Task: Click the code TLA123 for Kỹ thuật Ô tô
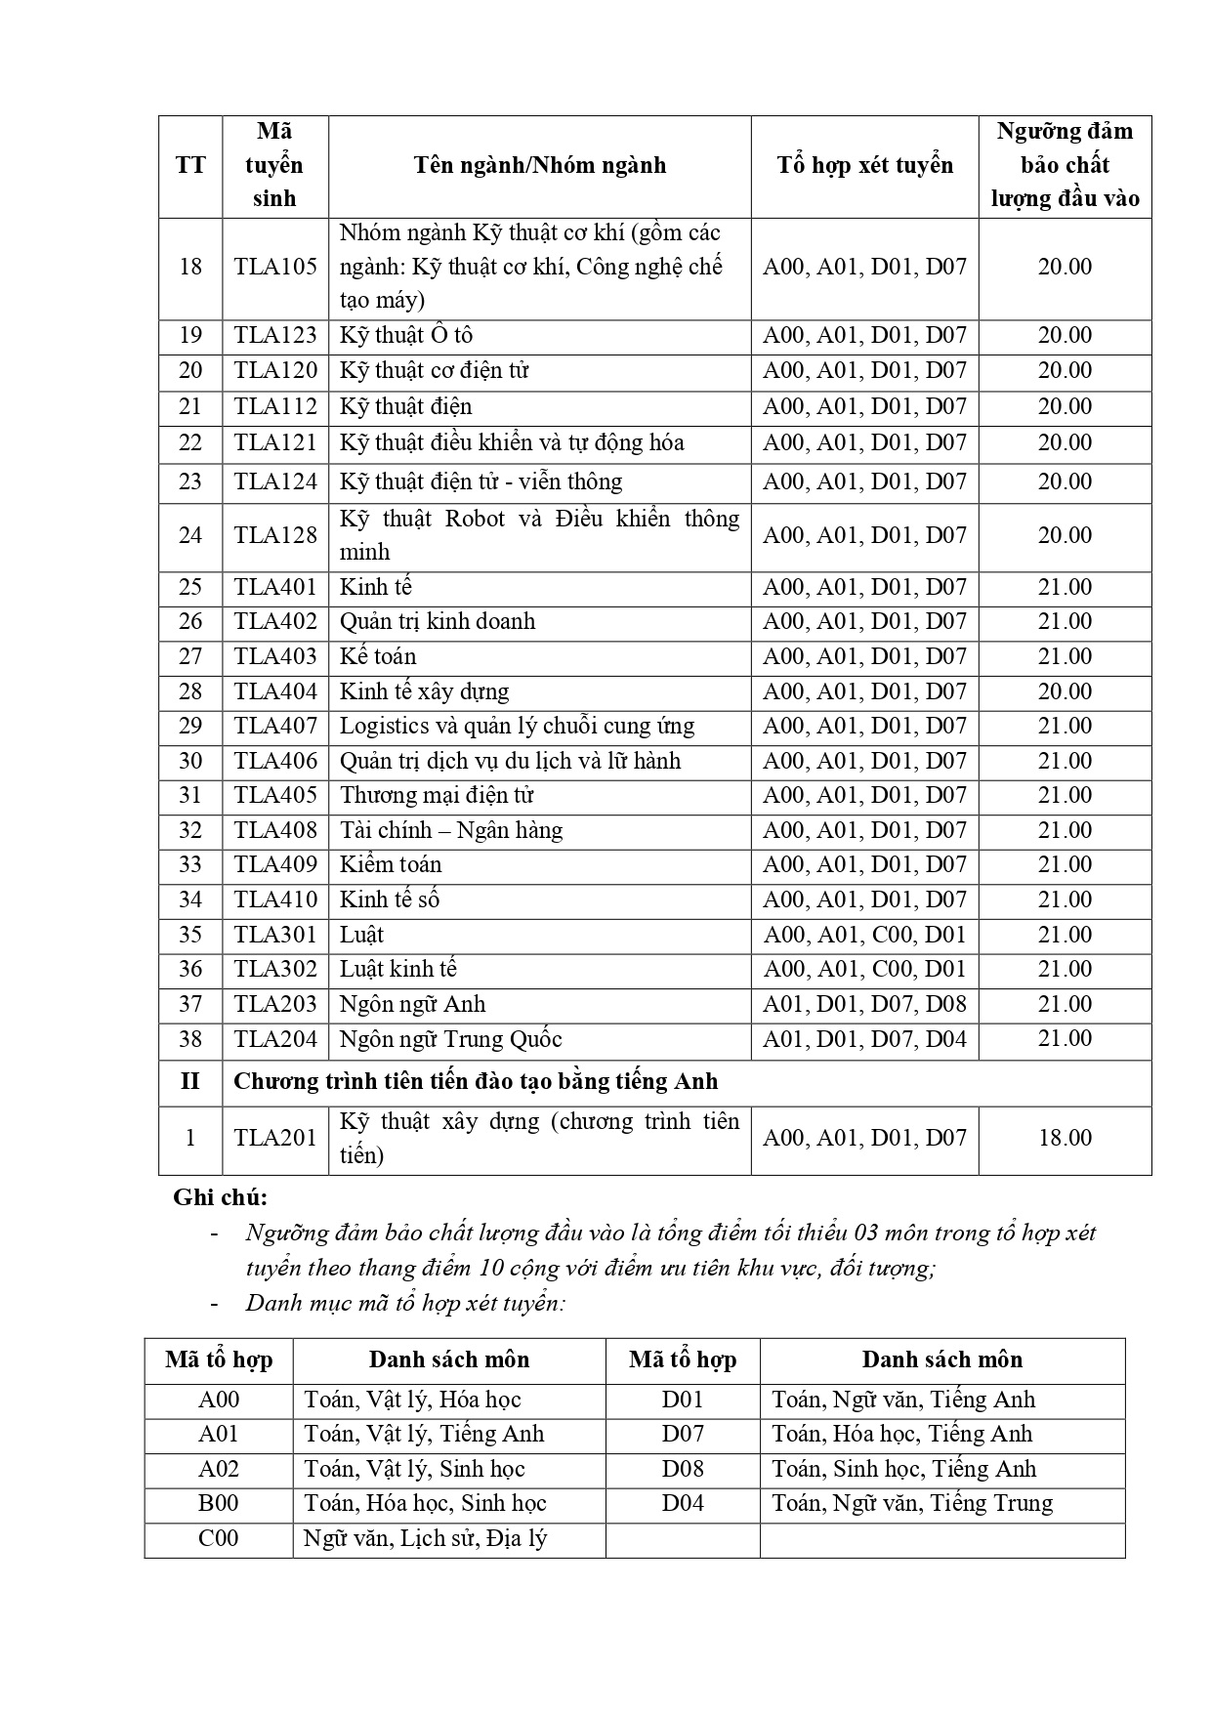[274, 336]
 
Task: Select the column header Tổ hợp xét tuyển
[864, 165]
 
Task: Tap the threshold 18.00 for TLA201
[1065, 1138]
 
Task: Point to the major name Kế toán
[378, 656]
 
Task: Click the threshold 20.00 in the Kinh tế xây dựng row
[1065, 691]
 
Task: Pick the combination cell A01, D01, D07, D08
[864, 1004]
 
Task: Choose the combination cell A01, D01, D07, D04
[864, 1039]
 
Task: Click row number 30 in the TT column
[190, 761]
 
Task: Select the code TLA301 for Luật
[274, 935]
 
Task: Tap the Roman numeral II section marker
[189, 1082]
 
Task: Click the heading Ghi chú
[220, 1197]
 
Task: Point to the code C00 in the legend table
[219, 1538]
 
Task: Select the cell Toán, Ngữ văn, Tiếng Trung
[912, 1503]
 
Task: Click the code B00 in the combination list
[219, 1503]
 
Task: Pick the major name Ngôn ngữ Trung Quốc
[450, 1039]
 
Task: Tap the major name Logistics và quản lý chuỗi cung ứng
[517, 727]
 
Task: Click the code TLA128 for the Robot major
[274, 535]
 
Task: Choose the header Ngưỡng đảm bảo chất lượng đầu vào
[1065, 165]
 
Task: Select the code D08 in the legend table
[683, 1469]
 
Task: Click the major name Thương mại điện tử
[436, 796]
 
